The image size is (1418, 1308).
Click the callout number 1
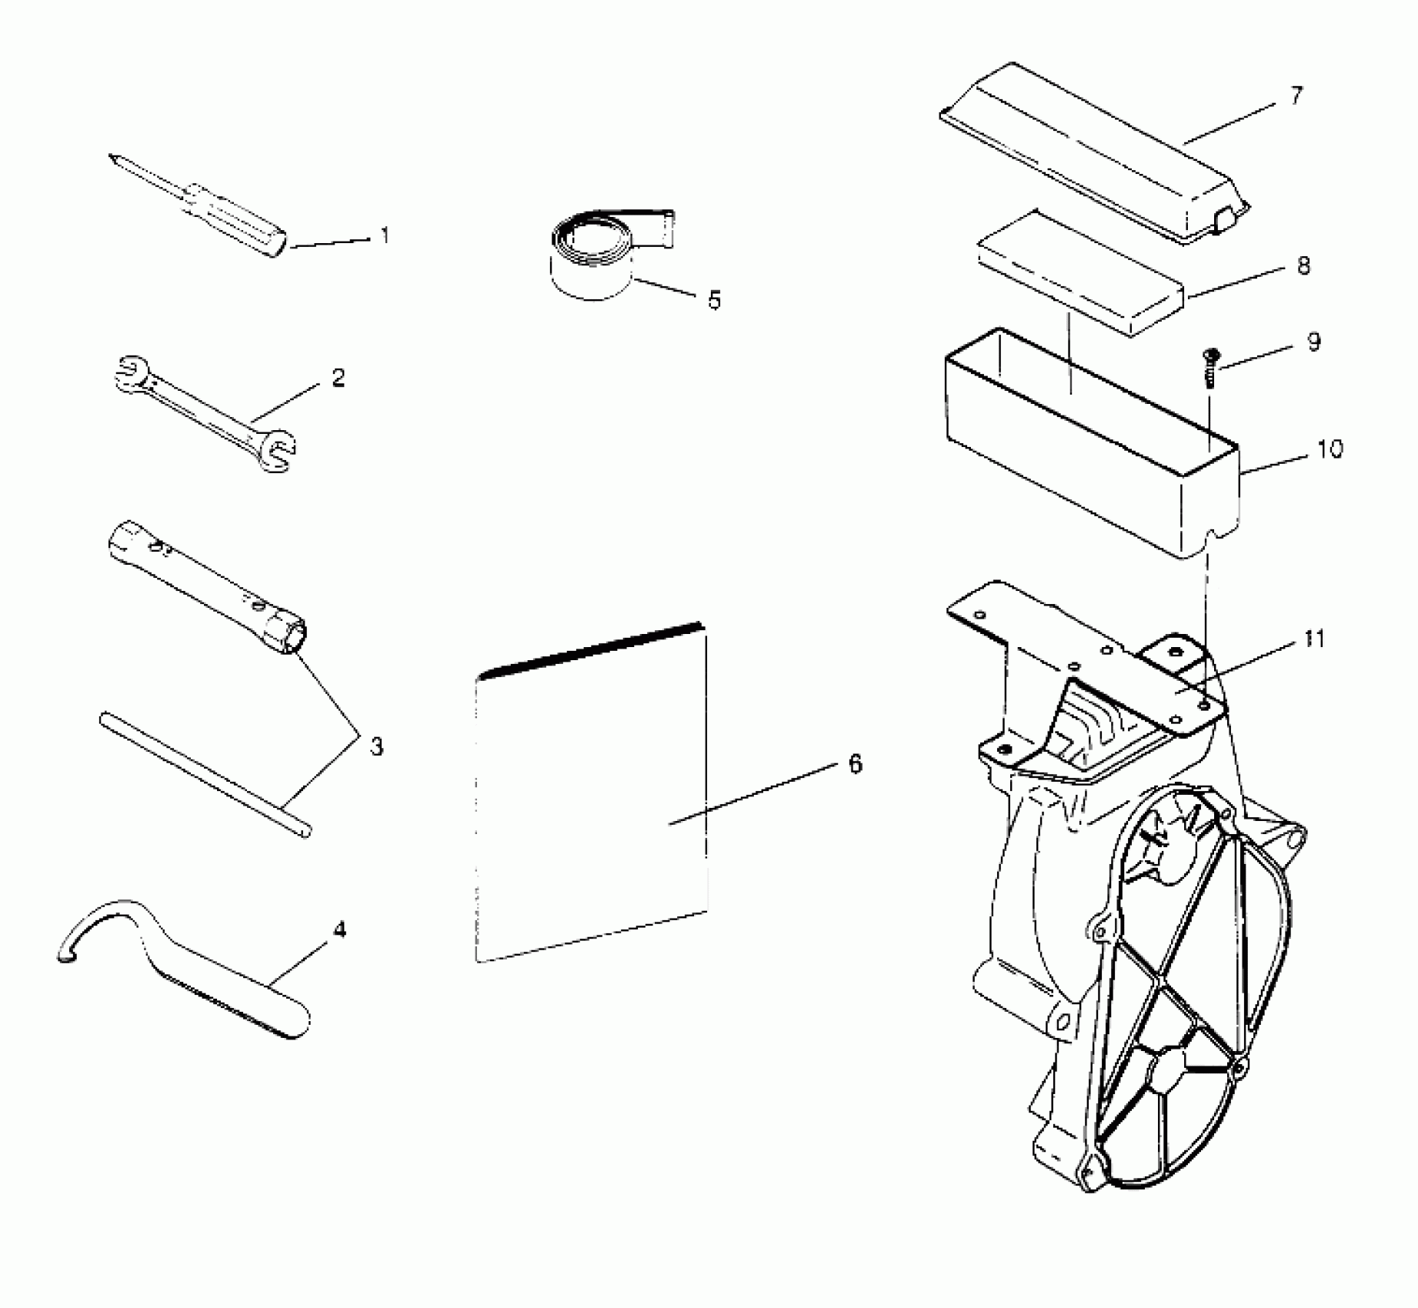click(385, 235)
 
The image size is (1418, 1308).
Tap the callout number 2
click(339, 378)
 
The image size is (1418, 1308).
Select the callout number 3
click(376, 746)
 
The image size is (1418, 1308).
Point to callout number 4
click(339, 929)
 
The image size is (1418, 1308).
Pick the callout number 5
click(715, 300)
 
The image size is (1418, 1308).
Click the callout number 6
click(855, 764)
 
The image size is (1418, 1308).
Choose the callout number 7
click(1296, 97)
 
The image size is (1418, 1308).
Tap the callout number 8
click(1303, 266)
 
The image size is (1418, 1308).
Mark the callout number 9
click(1313, 342)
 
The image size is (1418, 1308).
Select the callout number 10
click(1330, 449)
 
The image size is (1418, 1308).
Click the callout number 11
click(1314, 639)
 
